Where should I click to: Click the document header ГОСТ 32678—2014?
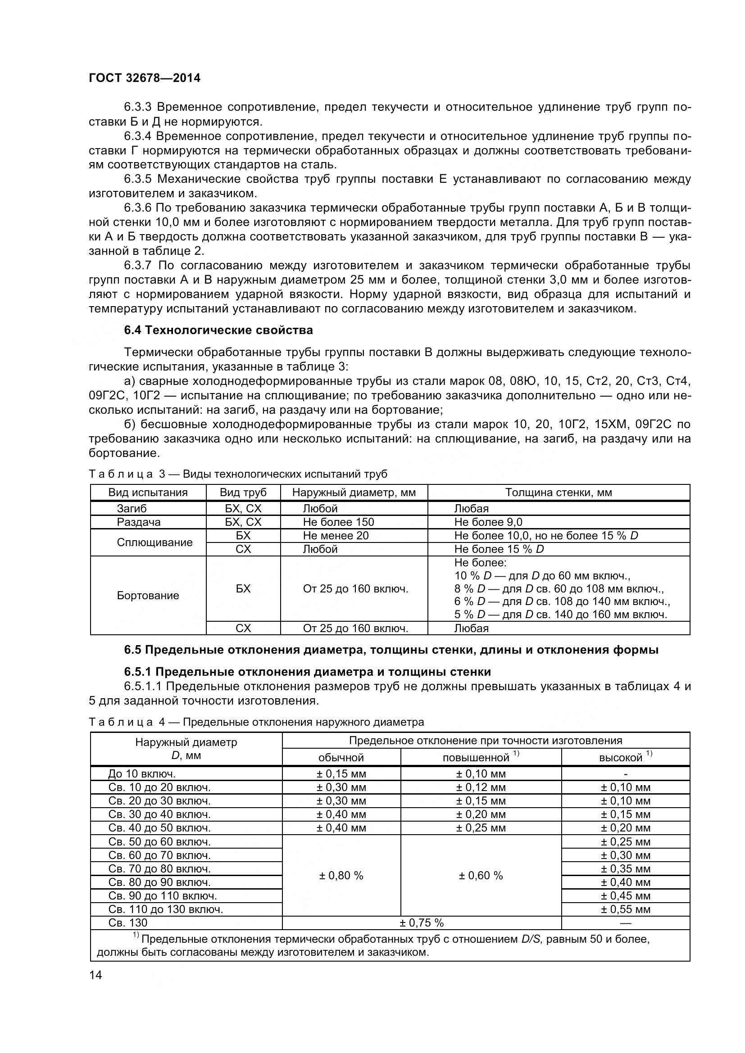145,78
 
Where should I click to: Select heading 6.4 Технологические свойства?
218,330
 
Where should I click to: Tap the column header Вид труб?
243,493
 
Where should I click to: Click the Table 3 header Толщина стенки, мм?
558,493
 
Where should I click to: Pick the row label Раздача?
139,522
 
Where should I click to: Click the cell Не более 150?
338,522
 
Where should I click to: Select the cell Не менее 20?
336,536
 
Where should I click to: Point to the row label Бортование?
148,596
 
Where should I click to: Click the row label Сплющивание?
154,542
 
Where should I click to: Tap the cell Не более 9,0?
488,522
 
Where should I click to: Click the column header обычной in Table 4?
341,758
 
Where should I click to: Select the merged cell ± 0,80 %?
341,876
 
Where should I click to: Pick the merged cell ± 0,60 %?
481,876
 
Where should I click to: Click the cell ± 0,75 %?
421,923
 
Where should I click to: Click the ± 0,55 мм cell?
625,909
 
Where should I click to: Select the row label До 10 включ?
142,774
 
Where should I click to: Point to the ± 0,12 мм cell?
480,787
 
